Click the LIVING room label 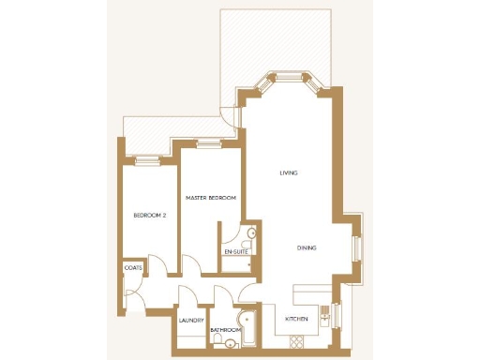(289, 173)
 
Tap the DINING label (306, 247)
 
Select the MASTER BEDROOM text (210, 198)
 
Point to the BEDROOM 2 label (149, 216)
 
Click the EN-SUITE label (235, 252)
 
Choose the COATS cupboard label (132, 267)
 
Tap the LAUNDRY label (191, 321)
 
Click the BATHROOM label (226, 330)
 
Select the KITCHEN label (296, 321)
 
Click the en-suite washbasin (250, 233)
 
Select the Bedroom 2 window (148, 160)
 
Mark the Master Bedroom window (209, 142)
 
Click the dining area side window (355, 249)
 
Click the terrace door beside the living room (229, 115)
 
